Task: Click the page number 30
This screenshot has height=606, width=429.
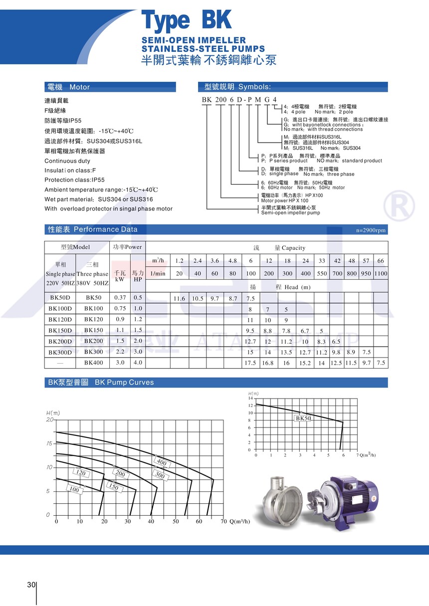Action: pyautogui.click(x=31, y=585)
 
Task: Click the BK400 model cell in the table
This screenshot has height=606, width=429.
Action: pyautogui.click(x=94, y=363)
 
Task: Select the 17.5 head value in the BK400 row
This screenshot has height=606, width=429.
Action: pyautogui.click(x=250, y=363)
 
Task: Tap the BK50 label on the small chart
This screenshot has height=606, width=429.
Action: pyautogui.click(x=303, y=418)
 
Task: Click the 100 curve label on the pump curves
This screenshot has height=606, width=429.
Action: pyautogui.click(x=74, y=490)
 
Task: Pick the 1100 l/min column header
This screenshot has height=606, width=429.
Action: pyautogui.click(x=381, y=273)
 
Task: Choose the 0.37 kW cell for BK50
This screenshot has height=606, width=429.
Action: pyautogui.click(x=120, y=298)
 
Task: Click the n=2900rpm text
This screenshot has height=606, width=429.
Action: pyautogui.click(x=371, y=230)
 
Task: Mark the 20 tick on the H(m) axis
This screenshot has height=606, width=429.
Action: pyautogui.click(x=49, y=420)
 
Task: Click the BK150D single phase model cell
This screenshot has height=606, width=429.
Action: pyautogui.click(x=61, y=330)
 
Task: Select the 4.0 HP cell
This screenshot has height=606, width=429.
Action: pyautogui.click(x=138, y=363)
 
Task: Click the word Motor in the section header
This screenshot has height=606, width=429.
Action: pyautogui.click(x=80, y=87)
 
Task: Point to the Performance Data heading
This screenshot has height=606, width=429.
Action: pyautogui.click(x=105, y=229)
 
